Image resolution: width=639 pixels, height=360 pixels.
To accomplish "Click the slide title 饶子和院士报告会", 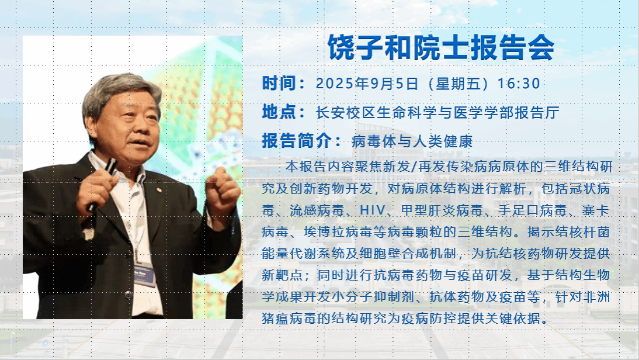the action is click(x=441, y=47).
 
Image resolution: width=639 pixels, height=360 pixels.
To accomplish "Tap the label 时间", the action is click(x=278, y=84).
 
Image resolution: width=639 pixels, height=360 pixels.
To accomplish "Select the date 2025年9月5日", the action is click(x=367, y=84).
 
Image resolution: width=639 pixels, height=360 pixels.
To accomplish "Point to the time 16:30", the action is click(x=519, y=84).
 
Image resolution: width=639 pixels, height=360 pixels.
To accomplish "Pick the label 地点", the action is click(x=278, y=112).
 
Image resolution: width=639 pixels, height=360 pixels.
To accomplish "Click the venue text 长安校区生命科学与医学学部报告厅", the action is click(x=437, y=113).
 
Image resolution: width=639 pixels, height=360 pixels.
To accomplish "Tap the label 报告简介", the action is click(x=296, y=141).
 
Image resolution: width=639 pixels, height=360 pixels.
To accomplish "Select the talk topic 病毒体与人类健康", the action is click(x=412, y=141).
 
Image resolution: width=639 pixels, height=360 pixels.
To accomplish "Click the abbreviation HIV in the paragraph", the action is click(x=372, y=210).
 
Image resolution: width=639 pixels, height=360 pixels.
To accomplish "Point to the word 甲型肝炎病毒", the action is click(x=442, y=210).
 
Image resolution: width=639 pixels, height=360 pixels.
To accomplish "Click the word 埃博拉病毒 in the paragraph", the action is click(x=338, y=231).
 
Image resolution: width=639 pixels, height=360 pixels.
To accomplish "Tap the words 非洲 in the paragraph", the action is click(x=596, y=296).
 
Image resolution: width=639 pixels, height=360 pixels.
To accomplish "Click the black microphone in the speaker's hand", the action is click(x=102, y=184).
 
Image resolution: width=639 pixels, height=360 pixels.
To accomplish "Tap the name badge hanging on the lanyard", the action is click(x=144, y=274).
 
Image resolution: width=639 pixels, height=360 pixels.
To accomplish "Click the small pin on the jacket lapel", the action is click(x=159, y=189).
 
